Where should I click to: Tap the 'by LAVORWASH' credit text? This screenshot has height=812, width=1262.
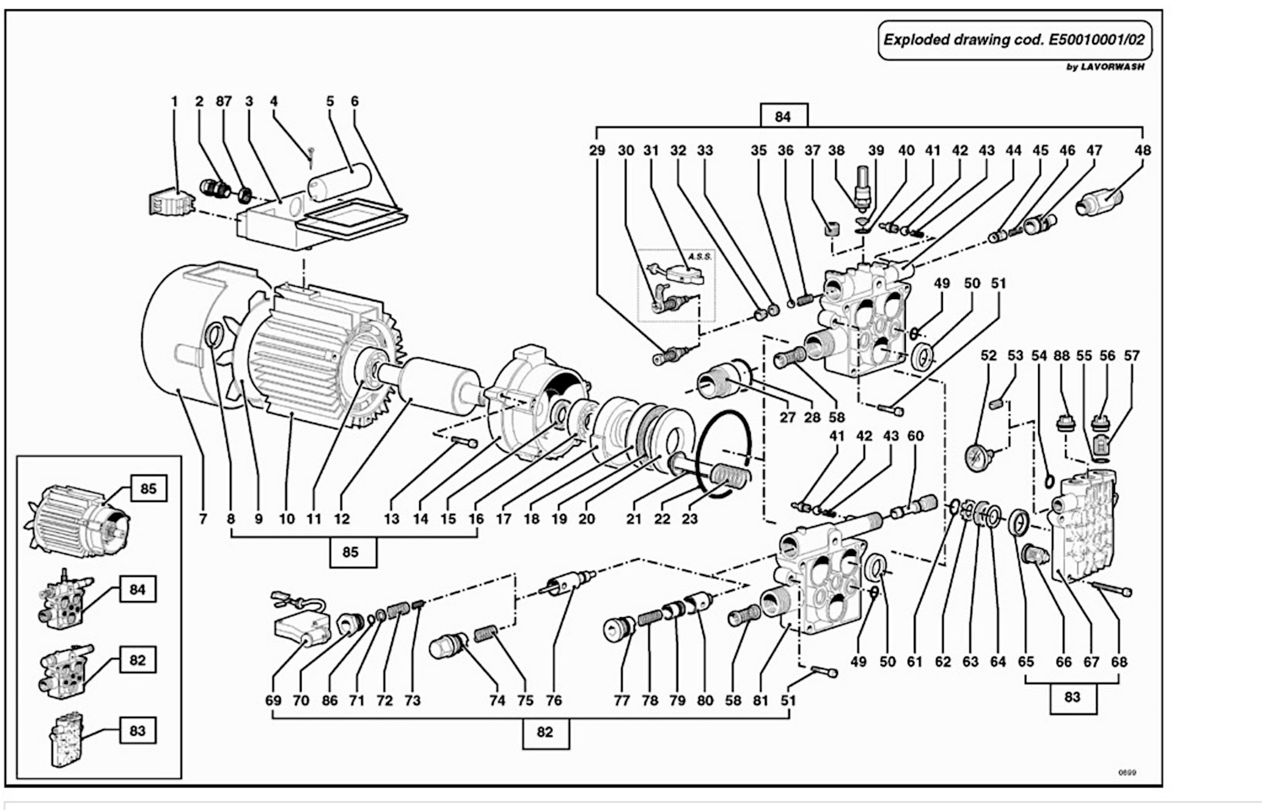pyautogui.click(x=1105, y=67)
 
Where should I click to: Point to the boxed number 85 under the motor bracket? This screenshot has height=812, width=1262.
pyautogui.click(x=352, y=552)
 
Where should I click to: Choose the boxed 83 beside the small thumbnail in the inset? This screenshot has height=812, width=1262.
pyautogui.click(x=138, y=731)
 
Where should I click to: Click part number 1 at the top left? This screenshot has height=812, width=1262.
pyautogui.click(x=175, y=101)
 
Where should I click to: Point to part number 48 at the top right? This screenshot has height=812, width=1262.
pyautogui.click(x=1142, y=150)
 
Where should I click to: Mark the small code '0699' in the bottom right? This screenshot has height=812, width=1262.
pyautogui.click(x=1127, y=773)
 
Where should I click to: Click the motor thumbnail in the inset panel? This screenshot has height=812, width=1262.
pyautogui.click(x=77, y=519)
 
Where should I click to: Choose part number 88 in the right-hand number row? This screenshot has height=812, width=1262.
pyautogui.click(x=1062, y=356)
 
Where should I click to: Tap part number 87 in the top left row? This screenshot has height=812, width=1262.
pyautogui.click(x=224, y=101)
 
